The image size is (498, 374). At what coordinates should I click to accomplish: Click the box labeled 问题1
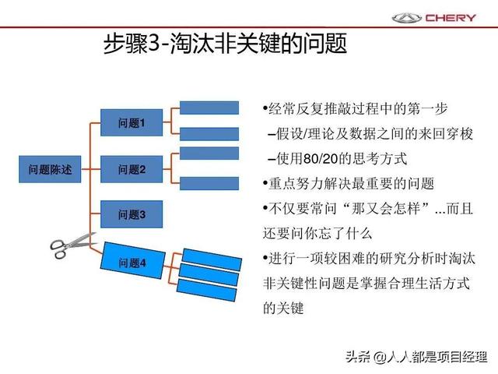coord(132,123)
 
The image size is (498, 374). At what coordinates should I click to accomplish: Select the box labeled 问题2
coord(132,169)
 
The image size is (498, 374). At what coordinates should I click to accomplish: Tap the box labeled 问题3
coord(132,214)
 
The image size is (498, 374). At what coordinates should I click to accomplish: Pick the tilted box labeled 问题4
coord(133,260)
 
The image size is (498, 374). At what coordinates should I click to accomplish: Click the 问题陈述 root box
coord(50,169)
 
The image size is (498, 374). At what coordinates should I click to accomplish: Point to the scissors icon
coord(72,245)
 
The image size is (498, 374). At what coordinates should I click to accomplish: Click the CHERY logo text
coord(451,18)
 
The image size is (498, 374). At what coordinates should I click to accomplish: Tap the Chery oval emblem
coord(406,18)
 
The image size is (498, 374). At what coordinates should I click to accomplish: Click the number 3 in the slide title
coord(154,44)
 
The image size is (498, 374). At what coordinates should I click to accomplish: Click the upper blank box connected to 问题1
coord(209,108)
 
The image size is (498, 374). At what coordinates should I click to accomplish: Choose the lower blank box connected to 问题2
coord(209,184)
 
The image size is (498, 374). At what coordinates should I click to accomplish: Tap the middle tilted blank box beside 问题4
coord(209,275)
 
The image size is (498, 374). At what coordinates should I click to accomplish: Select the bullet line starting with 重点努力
coord(349,184)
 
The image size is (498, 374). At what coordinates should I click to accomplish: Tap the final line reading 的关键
coord(283,308)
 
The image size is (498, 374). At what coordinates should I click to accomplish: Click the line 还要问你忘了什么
coord(317,234)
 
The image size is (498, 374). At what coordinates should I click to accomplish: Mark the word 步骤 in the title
coord(126,44)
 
